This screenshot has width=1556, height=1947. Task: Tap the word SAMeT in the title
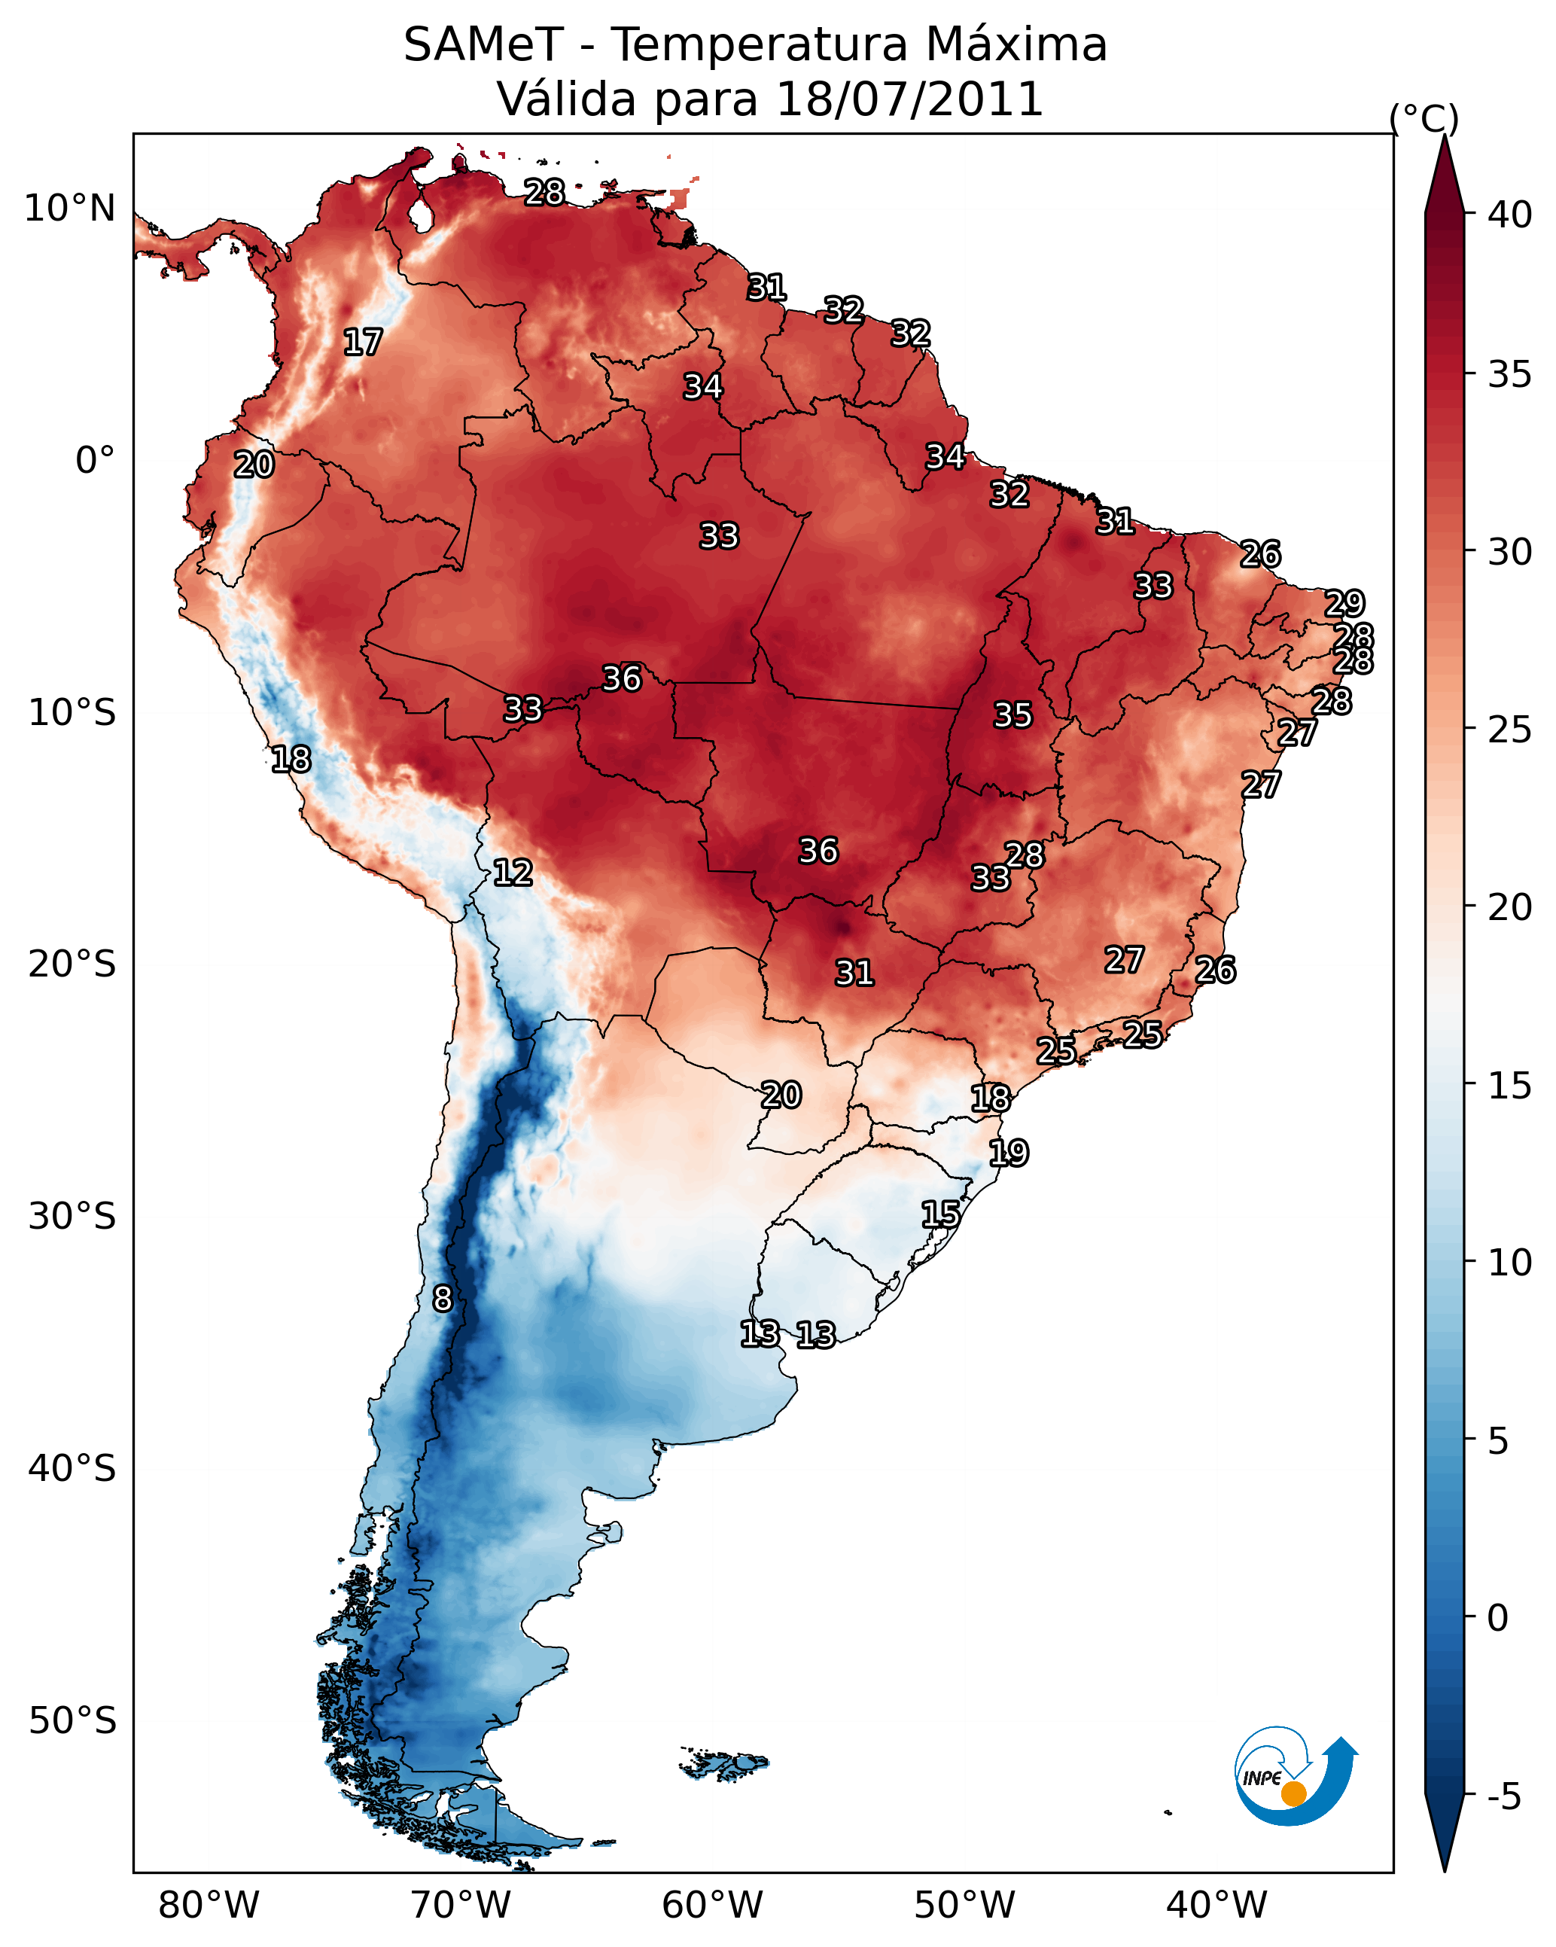(x=483, y=45)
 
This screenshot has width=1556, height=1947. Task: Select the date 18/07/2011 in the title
(x=909, y=99)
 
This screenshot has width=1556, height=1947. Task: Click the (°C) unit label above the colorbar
(x=1424, y=118)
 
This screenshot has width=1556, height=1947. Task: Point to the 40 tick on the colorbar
(x=1510, y=215)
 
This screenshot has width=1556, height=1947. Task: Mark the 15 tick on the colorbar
(x=1510, y=1085)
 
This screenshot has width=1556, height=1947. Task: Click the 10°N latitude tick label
(x=69, y=209)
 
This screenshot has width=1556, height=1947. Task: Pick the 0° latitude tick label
(x=95, y=461)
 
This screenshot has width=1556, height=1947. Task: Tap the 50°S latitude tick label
(x=72, y=1720)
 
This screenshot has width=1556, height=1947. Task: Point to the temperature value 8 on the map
(x=442, y=1299)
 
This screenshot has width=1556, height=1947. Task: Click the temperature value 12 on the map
(x=512, y=873)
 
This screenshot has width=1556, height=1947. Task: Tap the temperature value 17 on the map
(x=363, y=343)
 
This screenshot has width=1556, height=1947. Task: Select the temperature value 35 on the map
(x=1012, y=715)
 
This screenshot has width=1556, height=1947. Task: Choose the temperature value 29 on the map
(x=1344, y=602)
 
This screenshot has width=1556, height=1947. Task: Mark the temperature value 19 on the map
(x=1008, y=1152)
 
